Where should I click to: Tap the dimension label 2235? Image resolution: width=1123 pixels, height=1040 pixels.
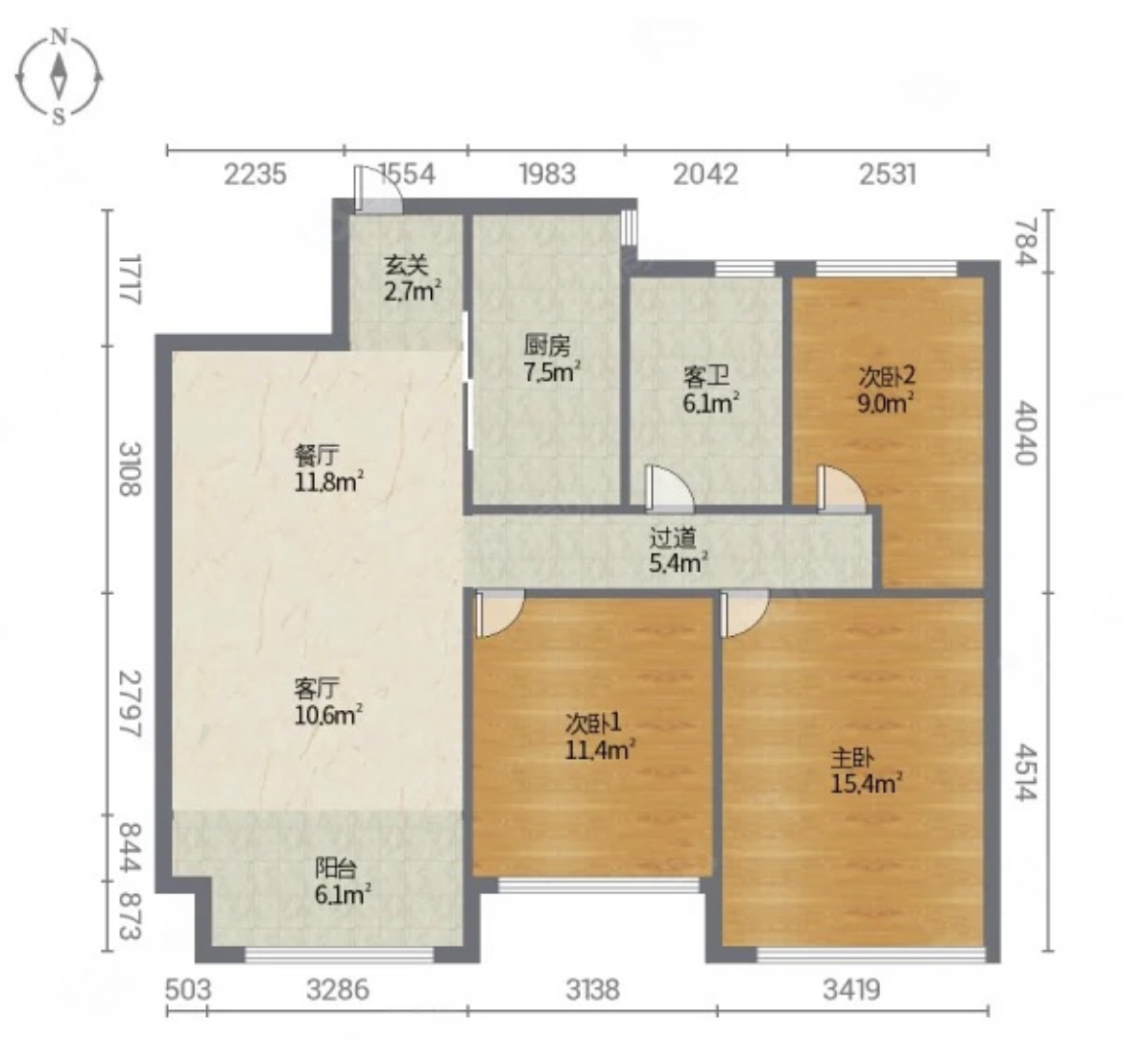255,174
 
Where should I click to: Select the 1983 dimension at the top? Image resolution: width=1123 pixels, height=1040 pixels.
547,174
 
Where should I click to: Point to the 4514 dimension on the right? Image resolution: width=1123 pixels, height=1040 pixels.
1026,772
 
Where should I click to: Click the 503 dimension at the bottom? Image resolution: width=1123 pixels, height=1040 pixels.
188,990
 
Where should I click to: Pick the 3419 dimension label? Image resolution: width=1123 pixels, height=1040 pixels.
851,990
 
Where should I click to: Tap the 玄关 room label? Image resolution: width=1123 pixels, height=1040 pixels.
406,267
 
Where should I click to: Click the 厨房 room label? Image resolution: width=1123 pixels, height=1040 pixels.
546,346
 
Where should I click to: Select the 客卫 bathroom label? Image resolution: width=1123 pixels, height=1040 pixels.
705,376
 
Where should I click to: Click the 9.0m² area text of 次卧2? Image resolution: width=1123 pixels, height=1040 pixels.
886,402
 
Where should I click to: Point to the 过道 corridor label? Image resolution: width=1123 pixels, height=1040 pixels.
672,537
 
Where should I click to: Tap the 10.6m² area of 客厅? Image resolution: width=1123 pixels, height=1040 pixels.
328,715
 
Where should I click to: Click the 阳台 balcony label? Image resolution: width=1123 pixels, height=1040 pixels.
336,868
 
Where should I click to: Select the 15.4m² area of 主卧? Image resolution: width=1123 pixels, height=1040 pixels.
866,783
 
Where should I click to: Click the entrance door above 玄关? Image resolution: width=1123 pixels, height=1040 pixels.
378,189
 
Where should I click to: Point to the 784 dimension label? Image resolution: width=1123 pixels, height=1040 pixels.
1026,241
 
